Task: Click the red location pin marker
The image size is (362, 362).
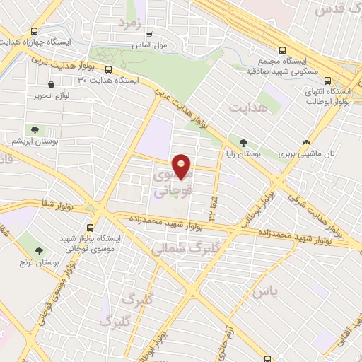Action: click(x=183, y=166)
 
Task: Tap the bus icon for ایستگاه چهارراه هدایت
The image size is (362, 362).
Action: click(x=35, y=32)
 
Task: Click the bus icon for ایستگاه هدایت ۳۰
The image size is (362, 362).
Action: click(x=108, y=69)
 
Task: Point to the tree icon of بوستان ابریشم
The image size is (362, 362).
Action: click(x=33, y=129)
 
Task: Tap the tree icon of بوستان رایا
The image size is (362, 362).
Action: click(x=243, y=141)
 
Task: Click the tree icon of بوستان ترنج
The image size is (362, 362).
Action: click(x=39, y=250)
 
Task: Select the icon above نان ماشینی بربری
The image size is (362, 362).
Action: click(x=306, y=141)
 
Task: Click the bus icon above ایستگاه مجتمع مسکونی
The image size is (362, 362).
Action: click(x=283, y=50)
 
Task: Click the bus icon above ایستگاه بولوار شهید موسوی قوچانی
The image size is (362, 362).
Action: click(x=90, y=228)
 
